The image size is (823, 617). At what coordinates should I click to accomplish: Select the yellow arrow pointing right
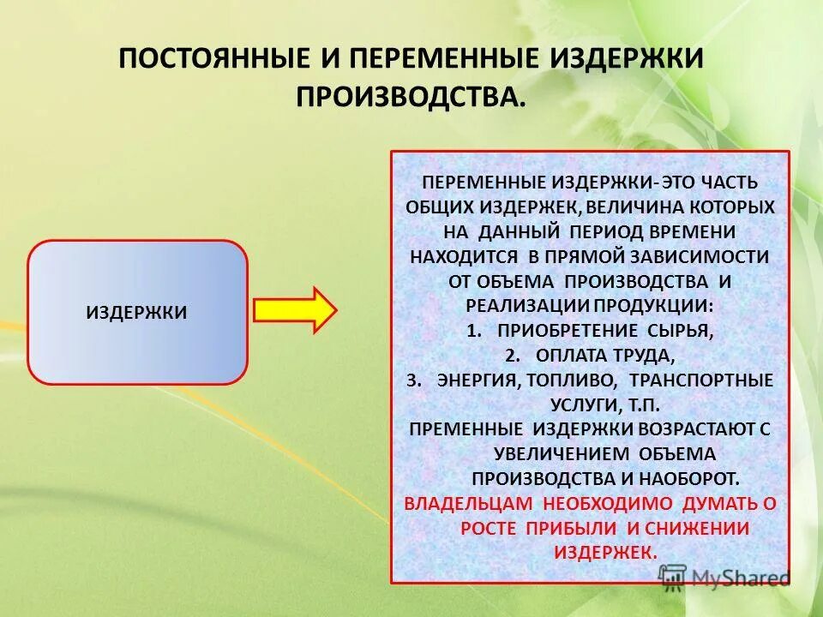(296, 309)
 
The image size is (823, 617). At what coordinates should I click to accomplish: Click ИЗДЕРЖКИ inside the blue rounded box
(137, 312)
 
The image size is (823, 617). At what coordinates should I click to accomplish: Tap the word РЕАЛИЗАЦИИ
(518, 306)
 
